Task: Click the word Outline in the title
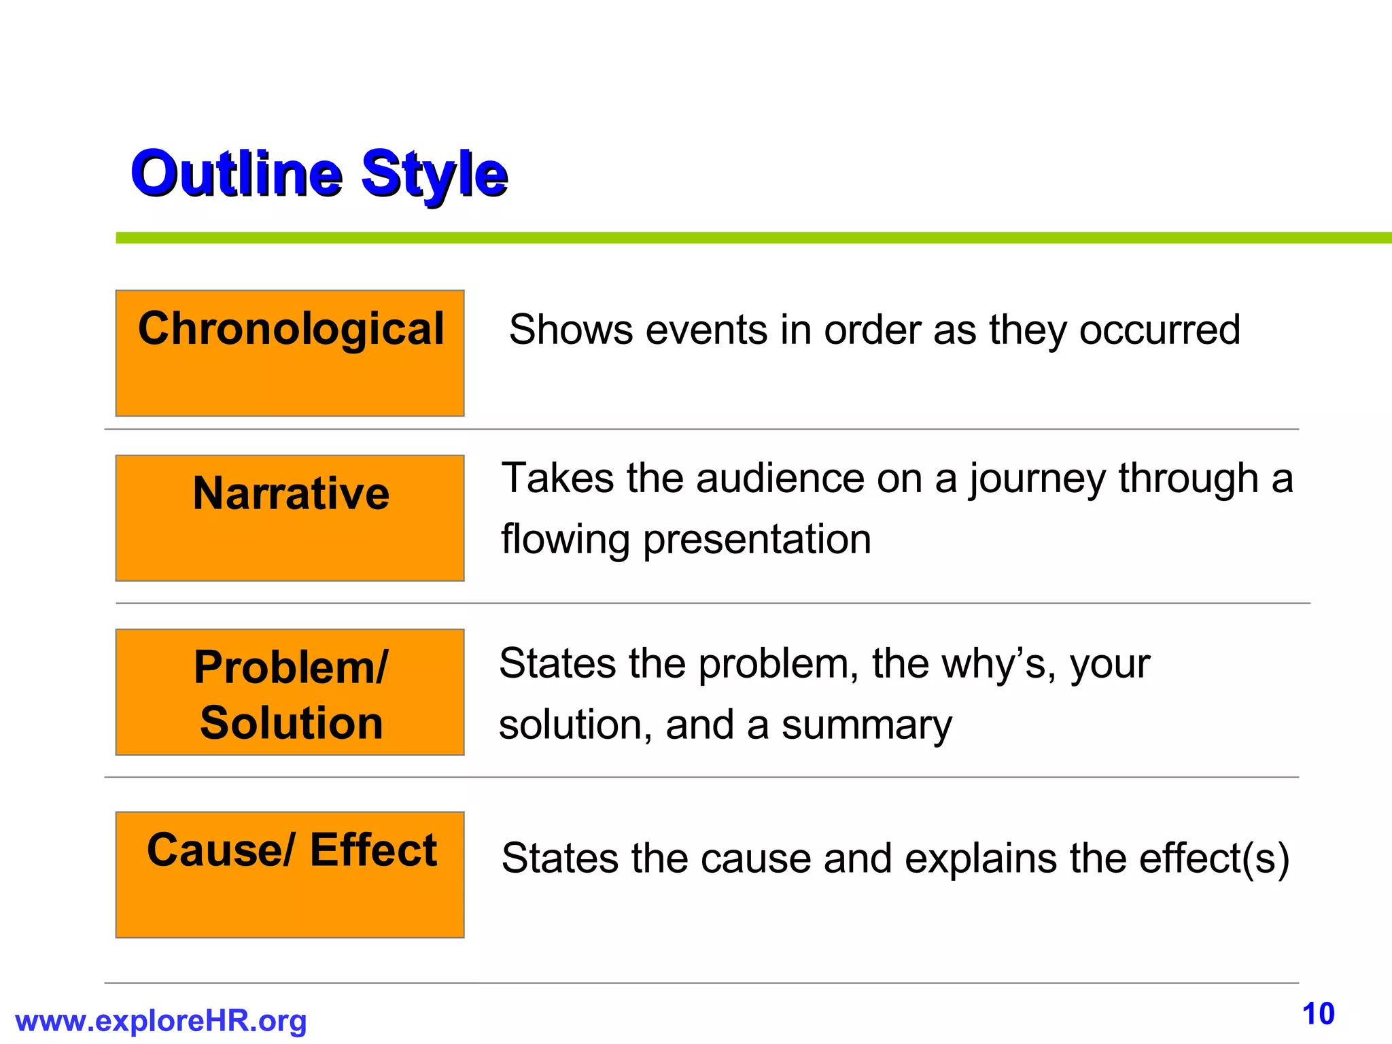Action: (x=236, y=173)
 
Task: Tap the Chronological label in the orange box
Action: (x=291, y=329)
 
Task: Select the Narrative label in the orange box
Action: (x=291, y=493)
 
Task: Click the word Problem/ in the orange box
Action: (x=291, y=667)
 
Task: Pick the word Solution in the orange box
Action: (x=291, y=723)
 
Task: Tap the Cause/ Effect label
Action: (x=291, y=850)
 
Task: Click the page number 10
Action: (x=1318, y=1014)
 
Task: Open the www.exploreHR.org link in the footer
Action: (x=160, y=1021)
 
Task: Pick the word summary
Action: (x=867, y=727)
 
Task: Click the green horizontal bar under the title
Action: (x=748, y=238)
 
